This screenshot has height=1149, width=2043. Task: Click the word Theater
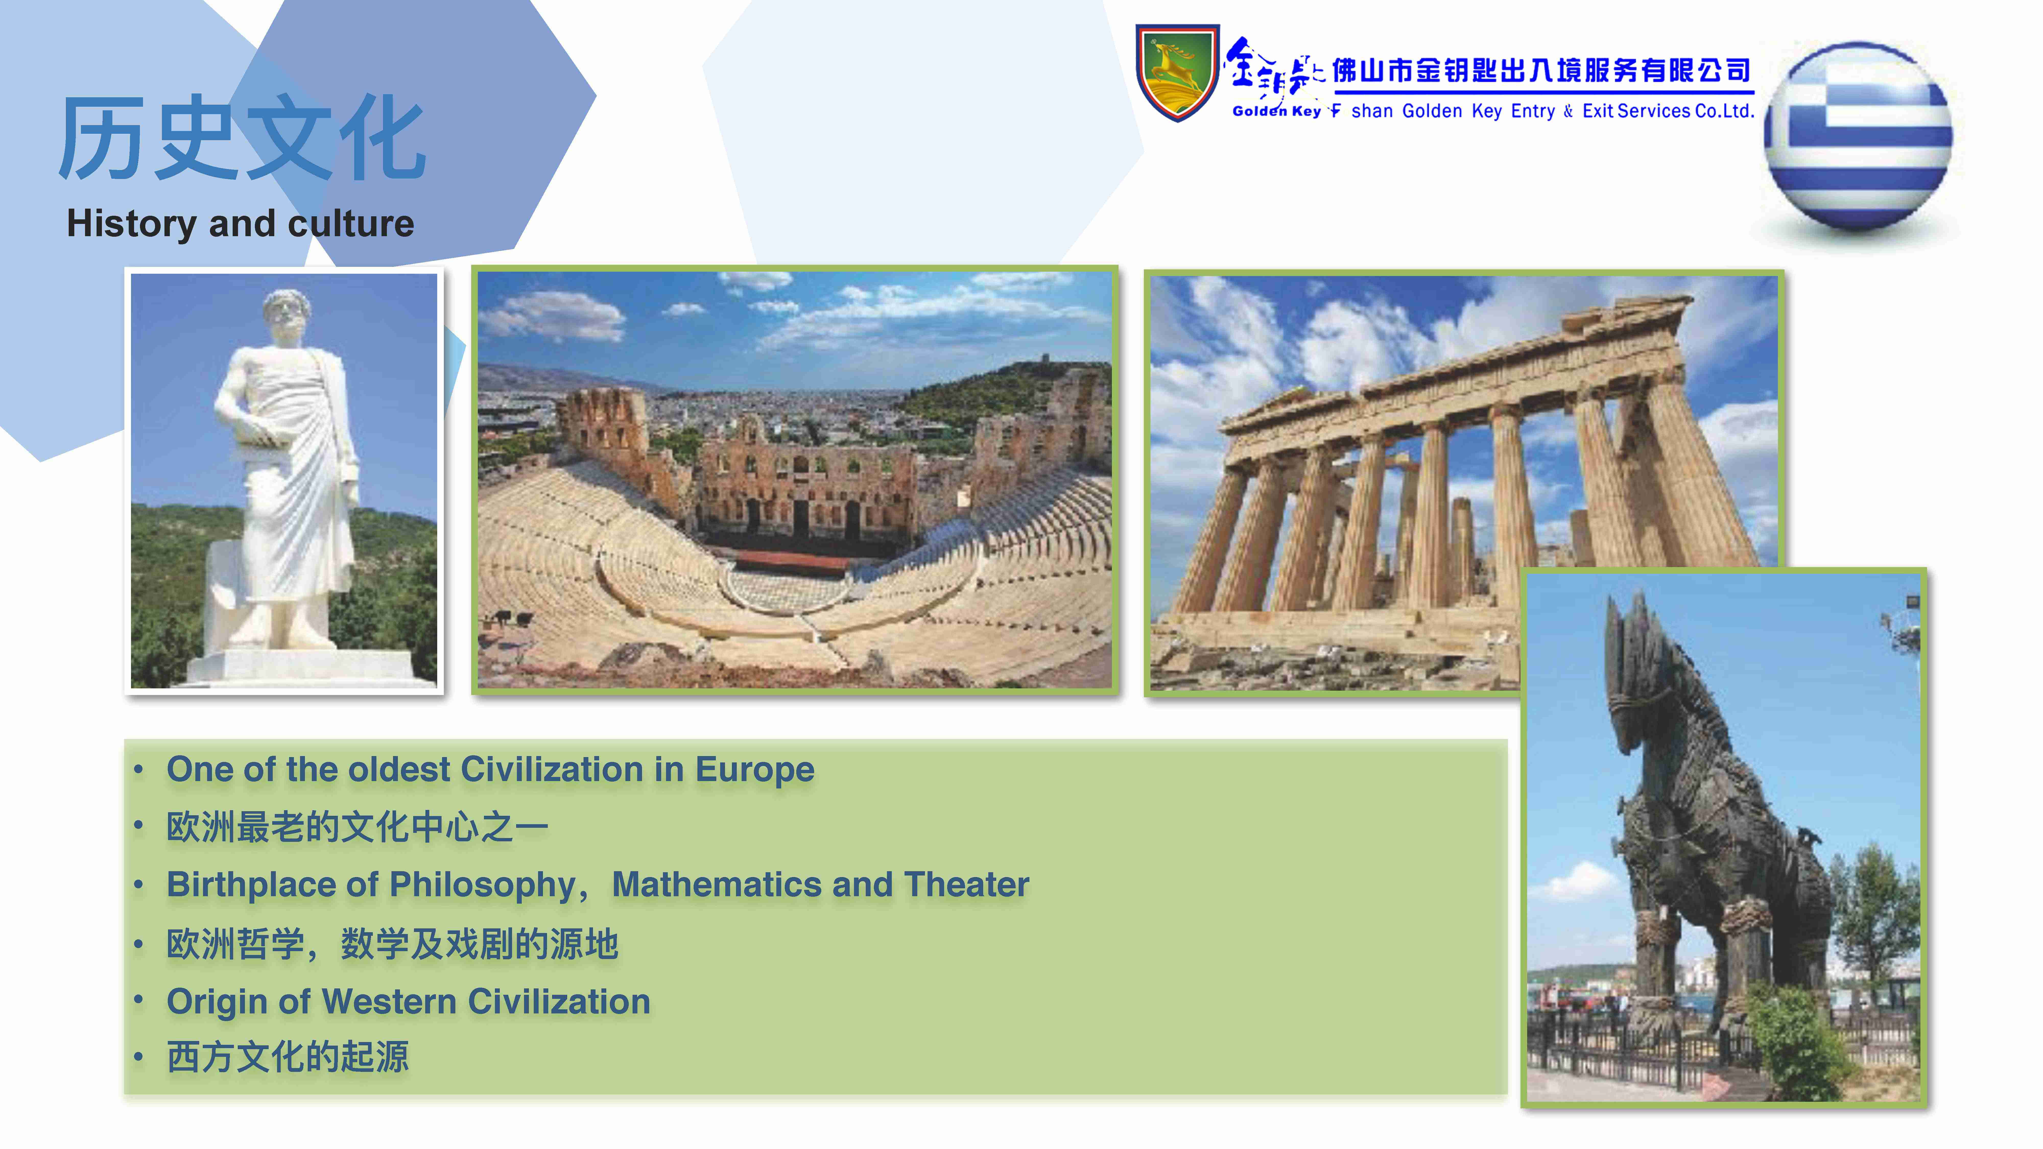click(x=966, y=885)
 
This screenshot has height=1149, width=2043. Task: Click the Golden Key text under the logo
click(x=1276, y=111)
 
